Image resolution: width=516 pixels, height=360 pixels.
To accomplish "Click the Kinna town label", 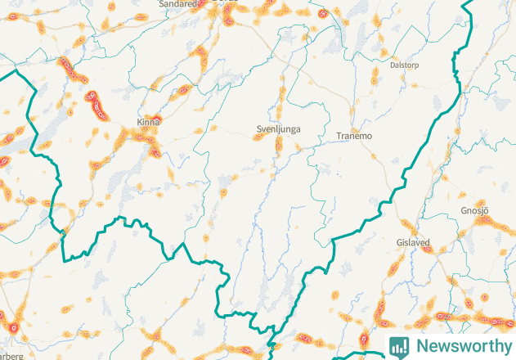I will (149, 123).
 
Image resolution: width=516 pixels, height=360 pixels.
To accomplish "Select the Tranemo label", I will (355, 137).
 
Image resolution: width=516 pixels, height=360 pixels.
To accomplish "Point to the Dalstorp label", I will (405, 64).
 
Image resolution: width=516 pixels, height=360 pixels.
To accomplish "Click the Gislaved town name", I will (413, 243).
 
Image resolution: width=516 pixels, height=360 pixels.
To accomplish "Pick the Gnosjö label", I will (475, 211).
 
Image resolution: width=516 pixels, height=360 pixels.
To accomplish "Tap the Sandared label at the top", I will (178, 3).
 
